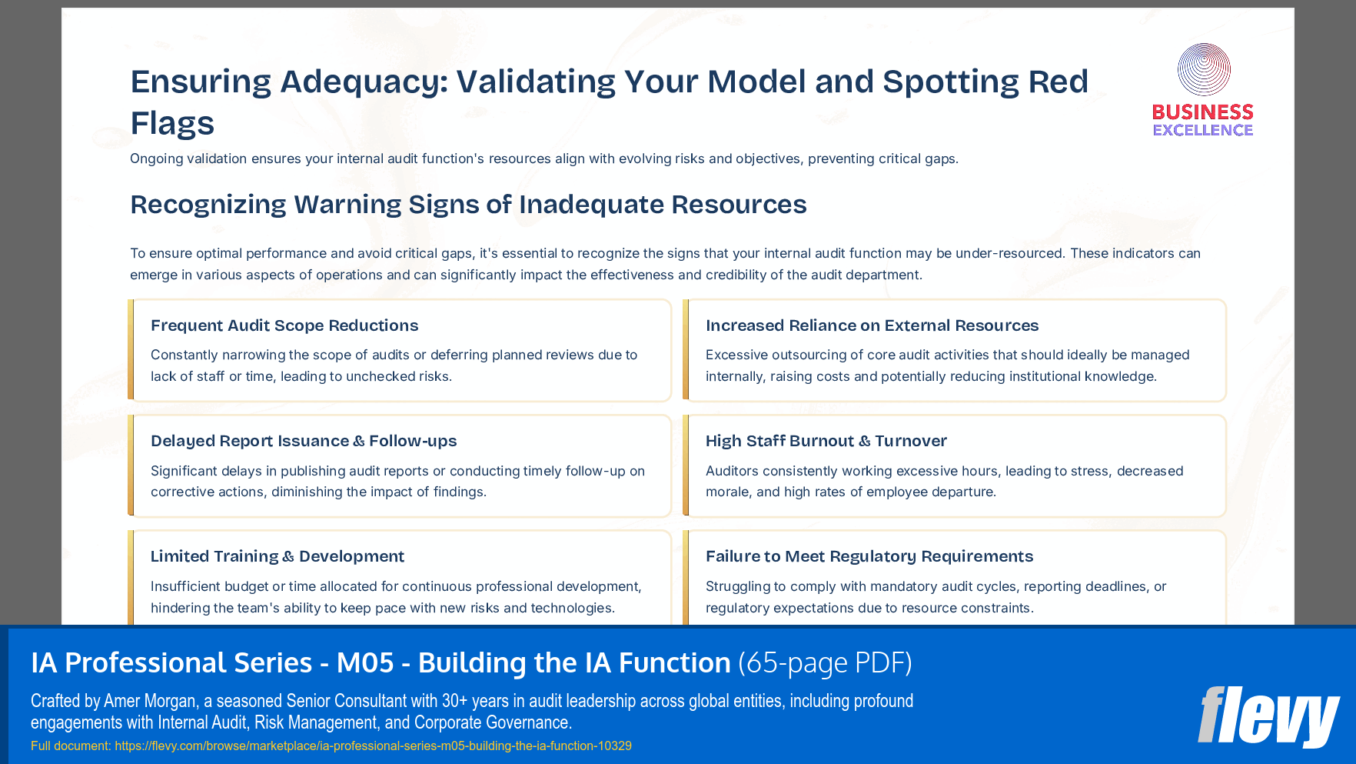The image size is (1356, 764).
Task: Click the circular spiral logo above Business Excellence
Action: point(1204,70)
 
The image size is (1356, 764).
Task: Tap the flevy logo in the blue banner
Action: point(1268,716)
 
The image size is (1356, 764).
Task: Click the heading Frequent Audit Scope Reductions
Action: point(284,325)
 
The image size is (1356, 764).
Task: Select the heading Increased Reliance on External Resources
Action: point(872,325)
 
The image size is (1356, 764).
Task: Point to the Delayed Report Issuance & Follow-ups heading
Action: point(304,441)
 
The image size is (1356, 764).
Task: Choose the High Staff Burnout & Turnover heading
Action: point(826,441)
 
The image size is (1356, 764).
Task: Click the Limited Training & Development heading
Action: point(277,556)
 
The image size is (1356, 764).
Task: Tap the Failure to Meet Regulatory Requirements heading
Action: point(869,556)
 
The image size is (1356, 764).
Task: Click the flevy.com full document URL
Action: point(373,746)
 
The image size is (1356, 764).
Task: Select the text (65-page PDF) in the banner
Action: point(825,663)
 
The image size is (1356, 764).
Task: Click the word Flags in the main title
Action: point(172,123)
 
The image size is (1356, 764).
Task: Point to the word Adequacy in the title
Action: point(364,82)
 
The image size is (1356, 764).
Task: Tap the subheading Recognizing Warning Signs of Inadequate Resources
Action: point(468,205)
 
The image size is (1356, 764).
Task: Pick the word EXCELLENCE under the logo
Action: point(1203,130)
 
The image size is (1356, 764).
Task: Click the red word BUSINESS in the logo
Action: point(1203,112)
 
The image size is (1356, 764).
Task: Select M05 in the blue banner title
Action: point(365,663)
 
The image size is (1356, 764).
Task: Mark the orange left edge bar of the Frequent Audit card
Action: point(131,350)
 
